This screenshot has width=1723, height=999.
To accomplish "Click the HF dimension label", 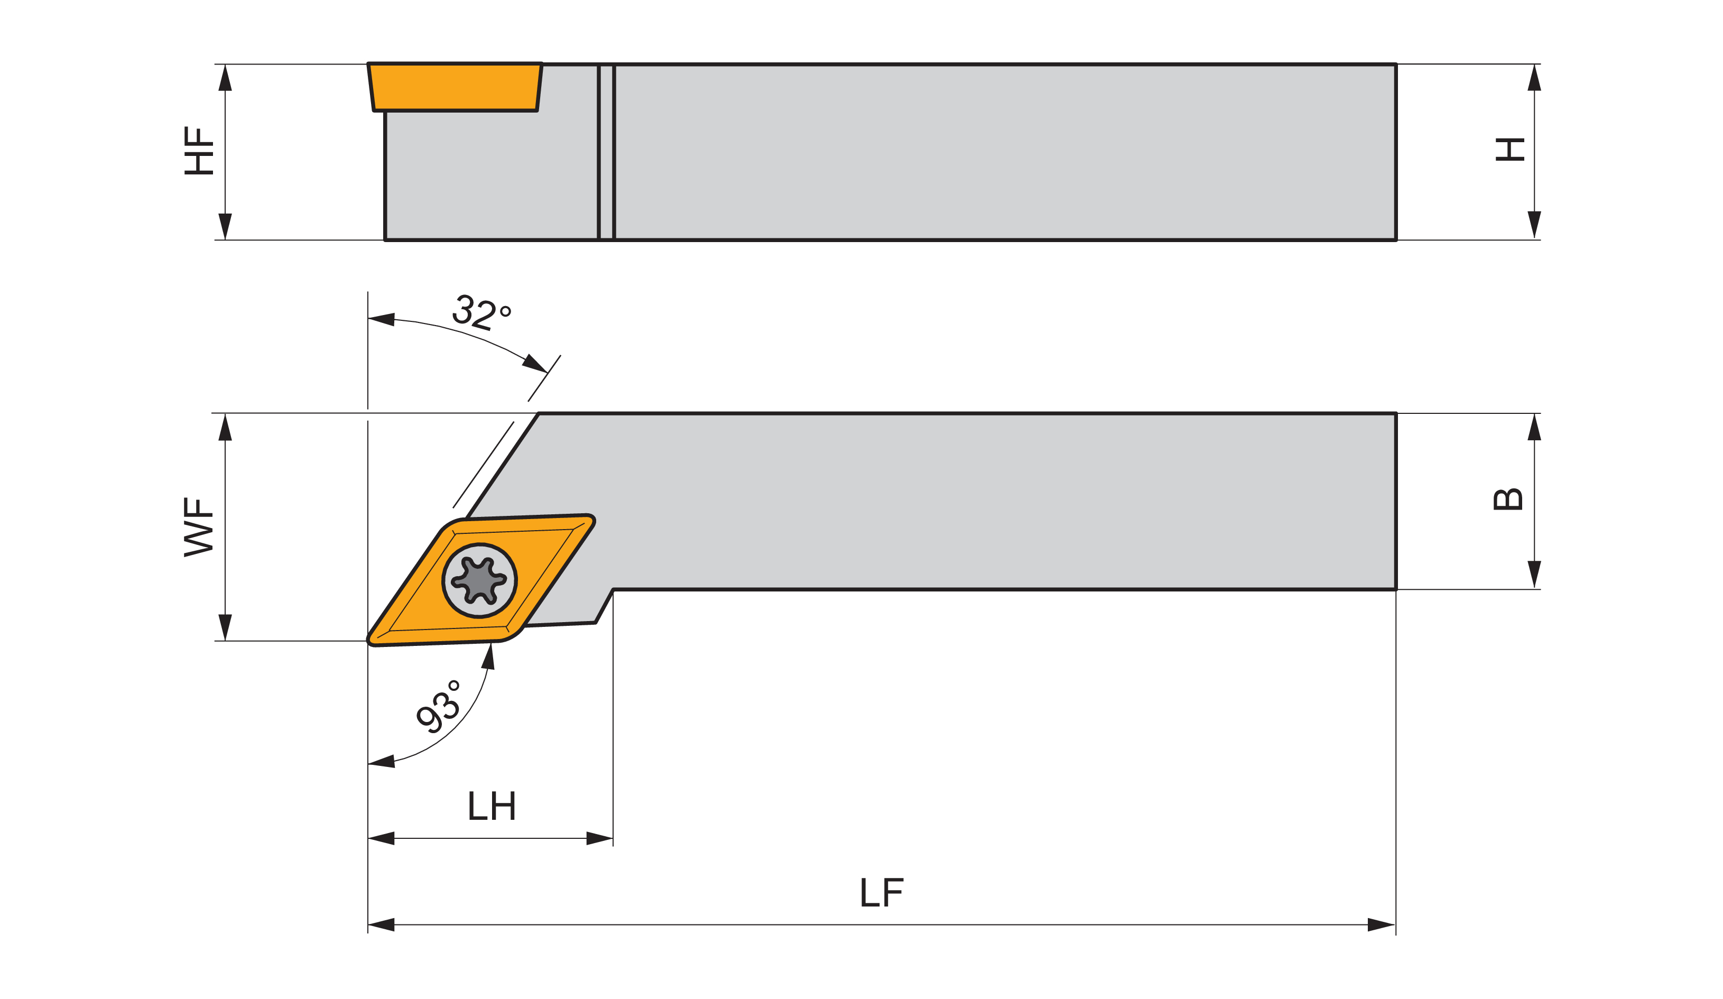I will [199, 151].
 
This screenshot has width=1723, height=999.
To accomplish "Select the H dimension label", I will [1509, 150].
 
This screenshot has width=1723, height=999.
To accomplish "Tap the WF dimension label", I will [199, 527].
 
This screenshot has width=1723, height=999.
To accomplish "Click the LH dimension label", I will [492, 806].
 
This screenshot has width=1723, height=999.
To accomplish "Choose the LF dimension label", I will [882, 892].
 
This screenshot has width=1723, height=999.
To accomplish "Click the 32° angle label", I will [481, 313].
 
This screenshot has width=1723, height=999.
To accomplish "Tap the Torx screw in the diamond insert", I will [479, 580].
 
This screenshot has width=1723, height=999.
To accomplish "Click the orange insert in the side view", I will [455, 87].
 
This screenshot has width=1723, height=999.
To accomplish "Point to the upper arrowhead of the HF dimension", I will [225, 78].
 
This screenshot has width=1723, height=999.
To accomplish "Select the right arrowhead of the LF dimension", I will [1381, 925].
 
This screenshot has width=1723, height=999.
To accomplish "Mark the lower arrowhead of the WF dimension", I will [225, 627].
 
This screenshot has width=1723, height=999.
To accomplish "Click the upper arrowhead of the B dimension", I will [1534, 428].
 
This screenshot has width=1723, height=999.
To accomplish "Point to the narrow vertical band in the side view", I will [606, 152].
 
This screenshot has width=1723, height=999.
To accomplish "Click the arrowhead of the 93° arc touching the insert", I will [489, 656].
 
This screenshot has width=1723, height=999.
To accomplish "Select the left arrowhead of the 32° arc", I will [382, 319].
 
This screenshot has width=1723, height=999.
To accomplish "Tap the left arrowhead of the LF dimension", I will [382, 925].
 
